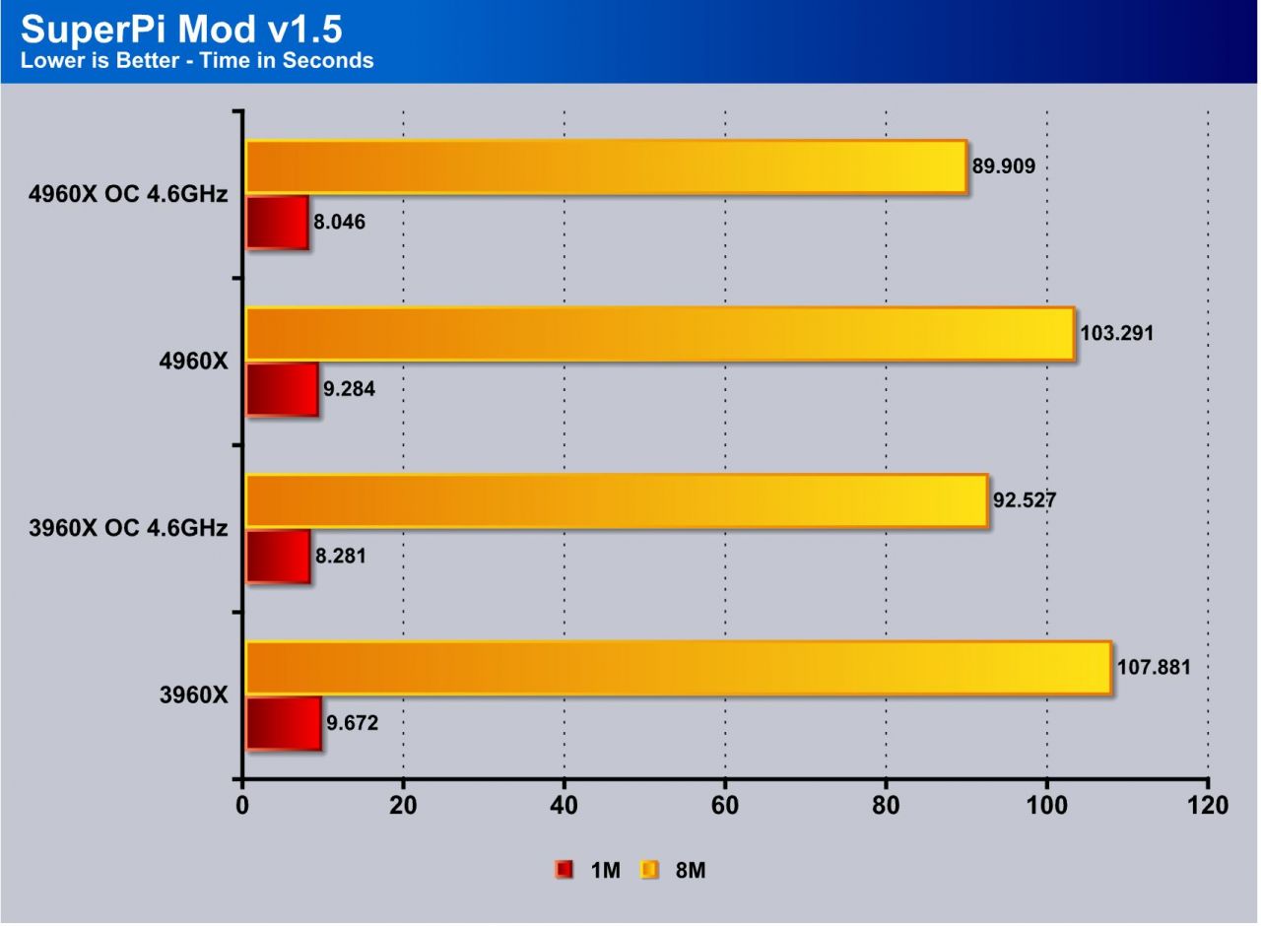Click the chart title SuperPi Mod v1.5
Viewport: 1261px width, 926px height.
click(x=181, y=30)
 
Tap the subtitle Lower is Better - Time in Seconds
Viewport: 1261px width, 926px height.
click(x=197, y=61)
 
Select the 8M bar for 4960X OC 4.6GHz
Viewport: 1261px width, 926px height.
click(x=605, y=166)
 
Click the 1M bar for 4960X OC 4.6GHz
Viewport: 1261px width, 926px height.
click(x=277, y=222)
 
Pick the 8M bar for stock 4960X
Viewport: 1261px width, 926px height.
click(x=659, y=333)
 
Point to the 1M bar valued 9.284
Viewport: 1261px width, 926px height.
click(x=282, y=389)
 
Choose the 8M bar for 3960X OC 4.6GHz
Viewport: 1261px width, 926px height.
click(x=616, y=500)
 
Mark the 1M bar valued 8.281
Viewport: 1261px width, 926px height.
click(x=278, y=556)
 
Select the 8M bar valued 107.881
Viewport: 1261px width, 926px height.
click(x=678, y=667)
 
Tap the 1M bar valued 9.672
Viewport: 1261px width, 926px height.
click(x=283, y=723)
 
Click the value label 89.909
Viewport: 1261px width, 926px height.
click(x=1003, y=166)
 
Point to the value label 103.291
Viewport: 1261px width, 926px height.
click(x=1116, y=334)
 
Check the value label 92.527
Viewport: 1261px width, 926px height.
click(x=1025, y=500)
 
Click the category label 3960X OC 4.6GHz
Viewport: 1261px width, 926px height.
click(x=129, y=529)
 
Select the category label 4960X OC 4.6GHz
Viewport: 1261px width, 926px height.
click(x=129, y=195)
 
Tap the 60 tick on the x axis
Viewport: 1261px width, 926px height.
click(x=725, y=805)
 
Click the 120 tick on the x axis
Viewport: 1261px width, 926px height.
click(x=1208, y=805)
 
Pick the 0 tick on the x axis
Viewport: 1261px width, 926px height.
click(x=242, y=805)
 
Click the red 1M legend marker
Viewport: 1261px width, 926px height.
click(x=564, y=870)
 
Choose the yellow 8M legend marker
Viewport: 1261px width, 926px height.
click(x=649, y=870)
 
